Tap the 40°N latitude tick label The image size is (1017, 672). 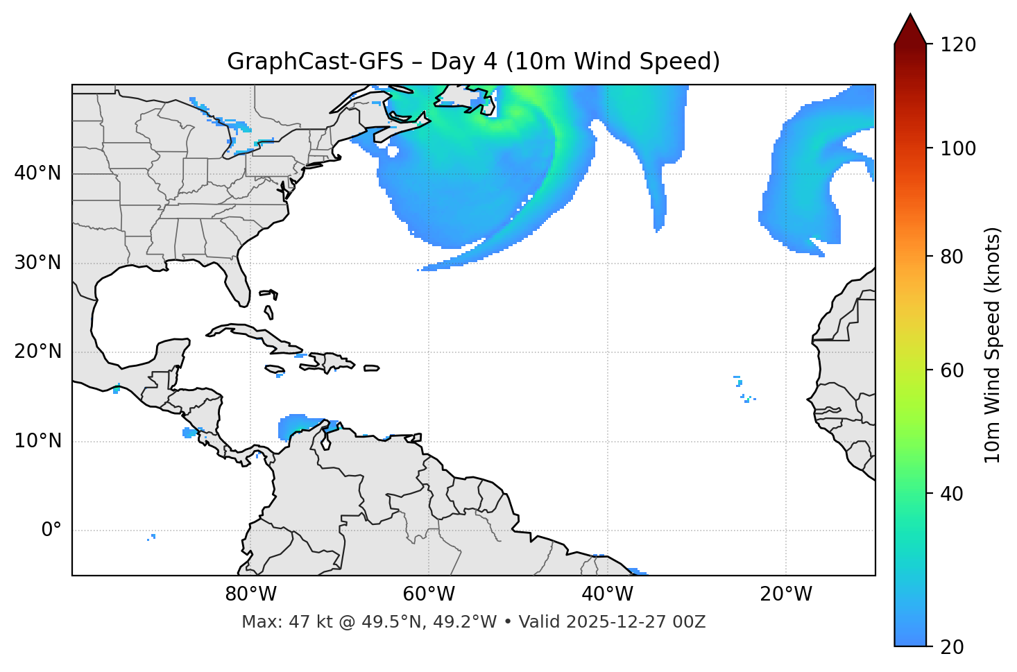click(37, 173)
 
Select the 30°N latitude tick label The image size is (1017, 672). click(37, 263)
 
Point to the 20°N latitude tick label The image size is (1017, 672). click(37, 352)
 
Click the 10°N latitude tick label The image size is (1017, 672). click(37, 441)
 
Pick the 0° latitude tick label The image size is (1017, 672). click(51, 531)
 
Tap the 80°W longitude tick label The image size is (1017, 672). click(250, 594)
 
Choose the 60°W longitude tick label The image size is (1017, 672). click(429, 594)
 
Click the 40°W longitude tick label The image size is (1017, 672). click(607, 594)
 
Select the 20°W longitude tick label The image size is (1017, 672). click(785, 594)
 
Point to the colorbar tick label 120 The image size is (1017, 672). click(957, 45)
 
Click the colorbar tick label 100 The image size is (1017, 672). click(957, 148)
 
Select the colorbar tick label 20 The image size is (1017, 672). click(952, 647)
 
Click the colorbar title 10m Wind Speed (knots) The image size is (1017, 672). click(993, 345)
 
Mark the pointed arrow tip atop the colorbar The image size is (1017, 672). click(910, 15)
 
